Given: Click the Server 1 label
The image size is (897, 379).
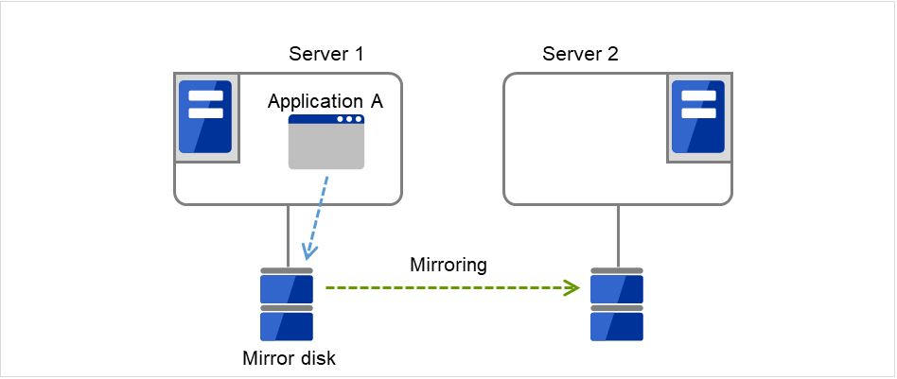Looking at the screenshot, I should [x=325, y=53].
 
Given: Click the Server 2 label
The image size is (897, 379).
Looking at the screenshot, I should [x=580, y=53].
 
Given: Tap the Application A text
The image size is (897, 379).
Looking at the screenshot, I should [x=325, y=101].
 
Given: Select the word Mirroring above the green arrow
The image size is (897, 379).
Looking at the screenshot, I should [x=448, y=266].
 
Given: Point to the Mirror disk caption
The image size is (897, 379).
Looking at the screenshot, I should [x=290, y=358].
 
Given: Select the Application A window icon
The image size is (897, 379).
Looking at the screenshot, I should [x=326, y=142].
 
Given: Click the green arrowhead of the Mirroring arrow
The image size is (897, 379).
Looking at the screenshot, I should [x=572, y=287].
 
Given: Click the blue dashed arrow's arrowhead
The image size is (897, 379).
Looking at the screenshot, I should [x=307, y=253].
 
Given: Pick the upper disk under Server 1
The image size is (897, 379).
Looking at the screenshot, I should [x=286, y=287].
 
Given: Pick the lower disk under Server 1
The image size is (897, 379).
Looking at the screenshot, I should [x=286, y=326].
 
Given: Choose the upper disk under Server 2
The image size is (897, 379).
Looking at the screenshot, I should [x=617, y=287].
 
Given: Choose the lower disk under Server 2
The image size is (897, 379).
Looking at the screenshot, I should [x=617, y=326].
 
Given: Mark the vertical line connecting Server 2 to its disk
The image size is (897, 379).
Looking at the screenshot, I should [x=617, y=236].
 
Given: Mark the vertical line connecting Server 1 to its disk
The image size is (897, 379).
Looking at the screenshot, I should [x=287, y=236].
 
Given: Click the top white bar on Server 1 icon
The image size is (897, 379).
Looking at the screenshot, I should [x=205, y=95].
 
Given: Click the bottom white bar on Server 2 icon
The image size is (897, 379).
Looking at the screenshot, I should [x=697, y=112].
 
